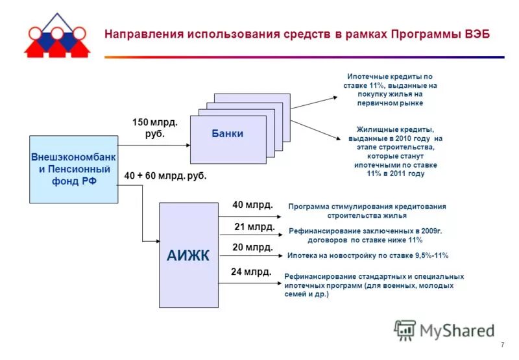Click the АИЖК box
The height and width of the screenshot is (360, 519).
tap(188, 255)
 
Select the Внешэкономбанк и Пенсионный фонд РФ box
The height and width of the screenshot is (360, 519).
tap(74, 169)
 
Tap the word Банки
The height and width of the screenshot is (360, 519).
tap(227, 134)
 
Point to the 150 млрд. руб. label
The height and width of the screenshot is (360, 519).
tap(155, 127)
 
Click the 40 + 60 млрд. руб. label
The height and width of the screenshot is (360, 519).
tap(165, 175)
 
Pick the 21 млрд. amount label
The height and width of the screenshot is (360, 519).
tap(254, 226)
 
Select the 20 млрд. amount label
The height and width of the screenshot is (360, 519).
tap(252, 248)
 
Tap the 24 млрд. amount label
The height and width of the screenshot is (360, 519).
tap(251, 272)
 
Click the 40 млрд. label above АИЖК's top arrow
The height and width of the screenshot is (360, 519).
tap(253, 205)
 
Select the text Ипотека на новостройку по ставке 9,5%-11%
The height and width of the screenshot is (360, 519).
tap(367, 255)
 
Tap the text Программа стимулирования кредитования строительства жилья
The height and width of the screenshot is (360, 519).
tap(367, 211)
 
